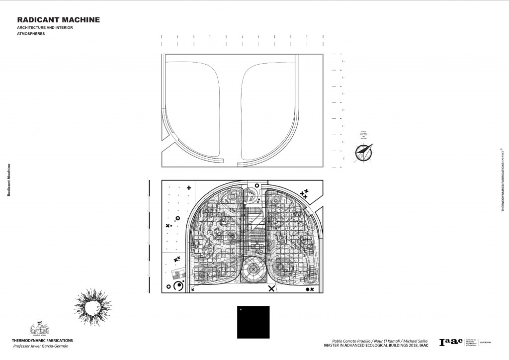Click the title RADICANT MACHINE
pyautogui.click(x=59, y=20)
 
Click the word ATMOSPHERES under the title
pyautogui.click(x=31, y=34)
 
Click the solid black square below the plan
pyautogui.click(x=254, y=321)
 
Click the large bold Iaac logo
pyautogui.click(x=450, y=342)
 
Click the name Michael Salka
pyautogui.click(x=413, y=340)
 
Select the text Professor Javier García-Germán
pyautogui.click(x=41, y=346)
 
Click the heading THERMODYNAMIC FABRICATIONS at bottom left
pyautogui.click(x=42, y=340)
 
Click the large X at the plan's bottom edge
pyautogui.click(x=271, y=288)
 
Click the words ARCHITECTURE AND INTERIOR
pyautogui.click(x=45, y=27)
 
